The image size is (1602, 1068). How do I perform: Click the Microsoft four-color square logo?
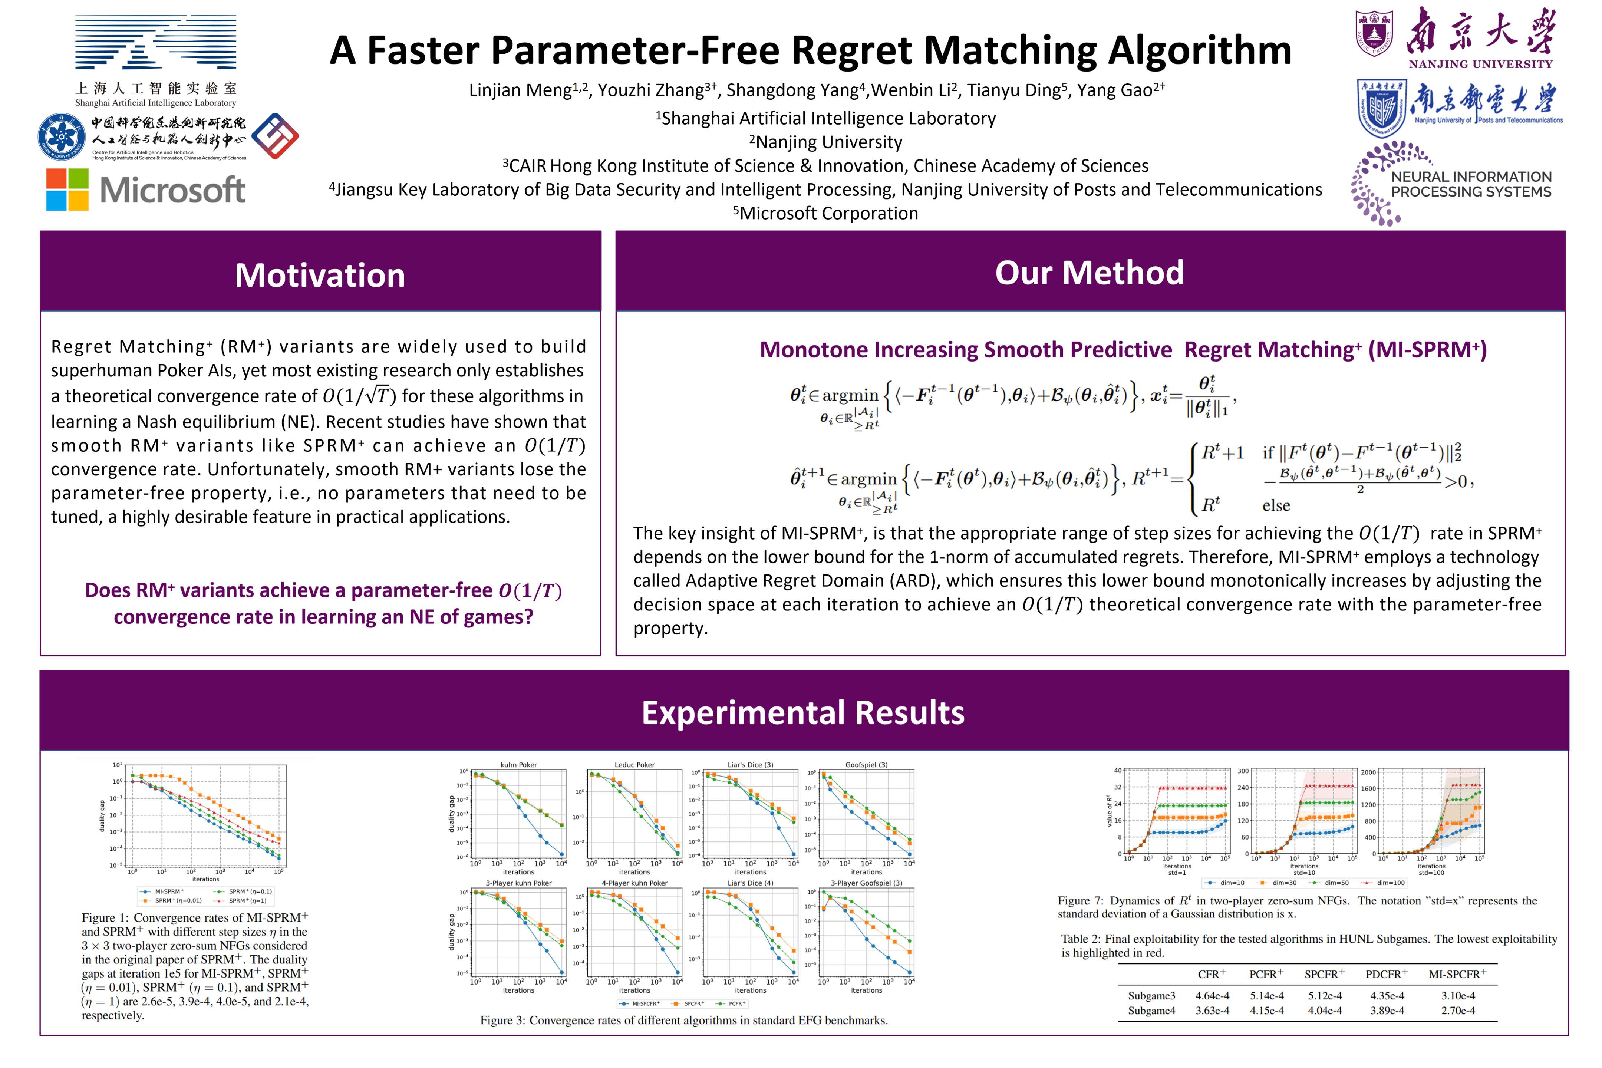point(67,189)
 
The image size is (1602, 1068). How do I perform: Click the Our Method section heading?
point(1089,273)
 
